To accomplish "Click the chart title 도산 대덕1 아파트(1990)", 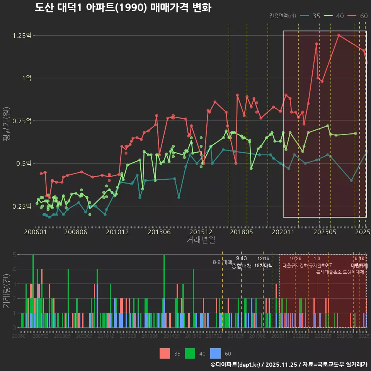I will point(123,8).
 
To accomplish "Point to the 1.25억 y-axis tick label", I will point(22,36).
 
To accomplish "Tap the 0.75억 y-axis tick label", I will point(22,121).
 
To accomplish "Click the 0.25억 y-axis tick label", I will point(22,206).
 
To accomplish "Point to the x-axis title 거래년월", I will point(201,240).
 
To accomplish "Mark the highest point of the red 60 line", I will point(339,35).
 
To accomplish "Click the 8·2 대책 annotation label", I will point(222,262).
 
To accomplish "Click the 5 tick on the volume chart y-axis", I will point(14,255).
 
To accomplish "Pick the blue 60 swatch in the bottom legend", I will point(215,353).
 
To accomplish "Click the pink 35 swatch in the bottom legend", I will point(165,353).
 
